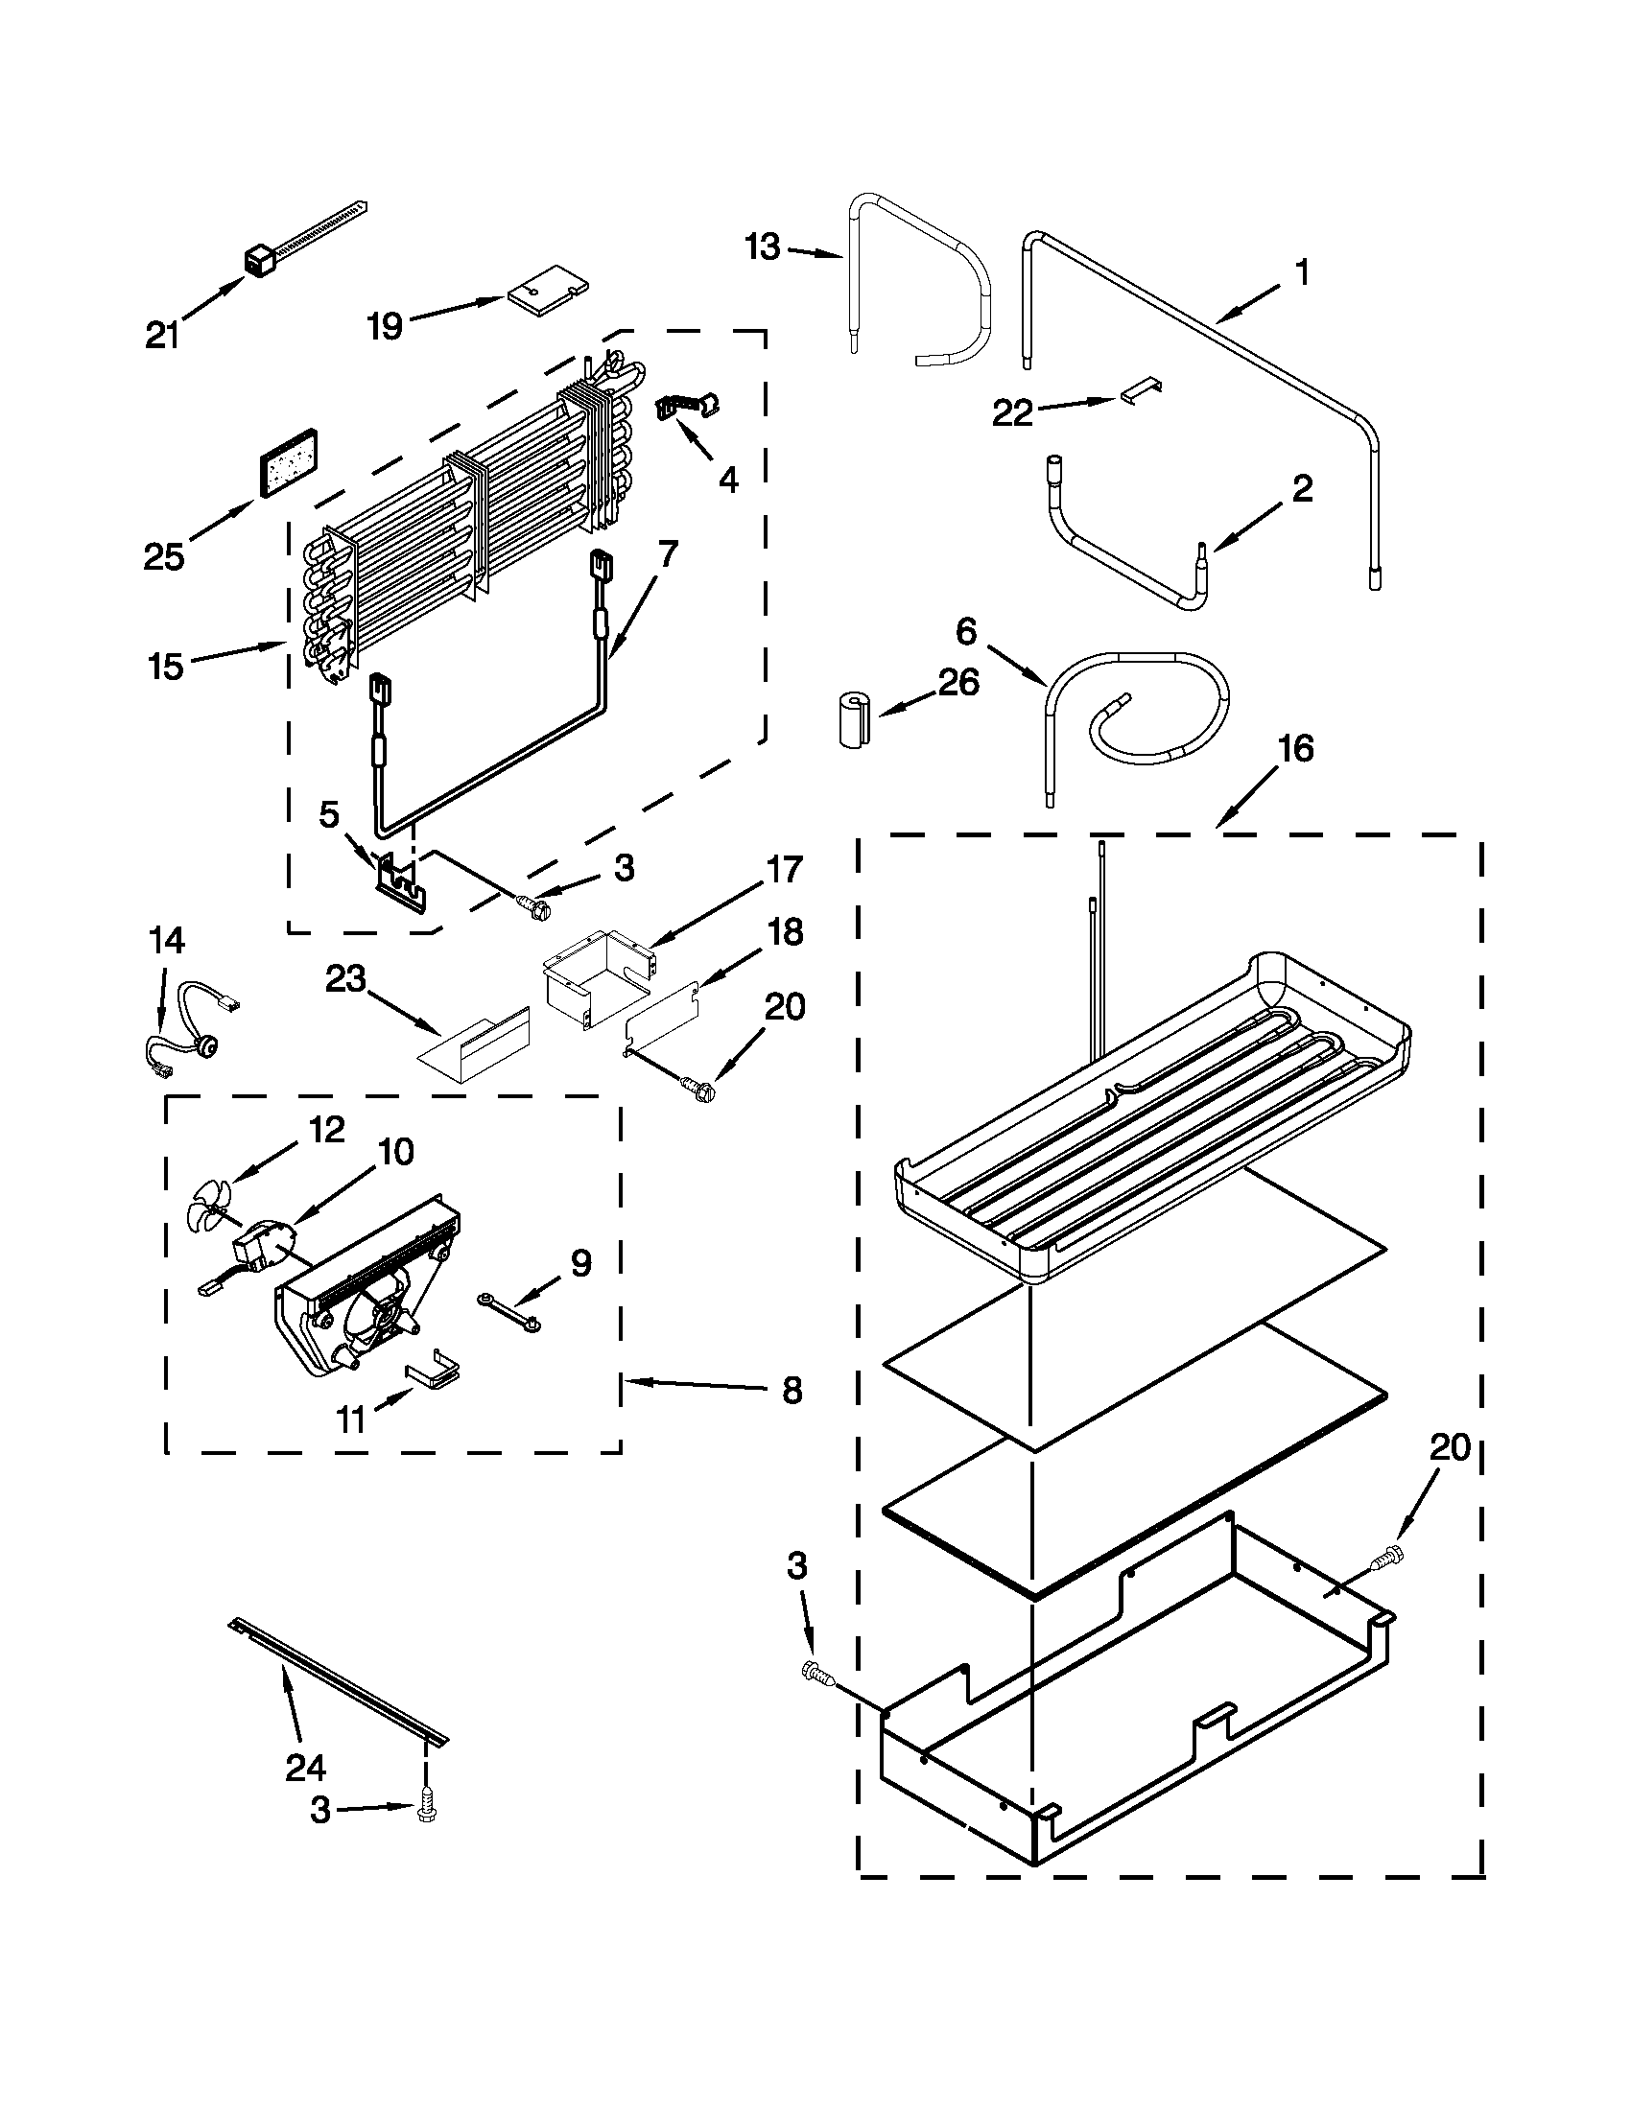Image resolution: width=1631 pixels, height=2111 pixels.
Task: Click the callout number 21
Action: tap(162, 336)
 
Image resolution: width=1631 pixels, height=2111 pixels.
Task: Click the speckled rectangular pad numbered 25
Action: tap(287, 461)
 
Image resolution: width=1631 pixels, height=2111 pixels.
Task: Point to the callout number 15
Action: tap(165, 666)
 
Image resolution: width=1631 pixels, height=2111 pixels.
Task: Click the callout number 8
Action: tap(792, 1391)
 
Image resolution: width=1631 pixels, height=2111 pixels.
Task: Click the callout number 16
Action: tap(1295, 748)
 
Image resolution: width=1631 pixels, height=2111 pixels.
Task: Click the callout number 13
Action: tap(763, 247)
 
